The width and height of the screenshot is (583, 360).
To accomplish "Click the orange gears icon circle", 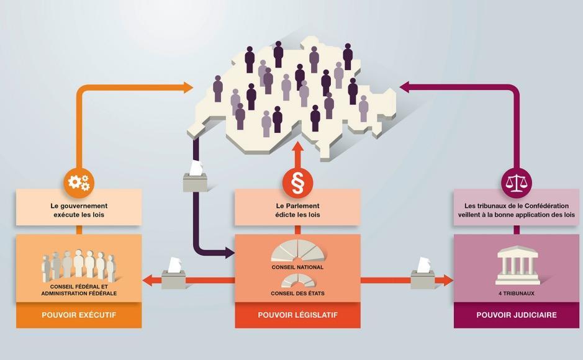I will (79, 182).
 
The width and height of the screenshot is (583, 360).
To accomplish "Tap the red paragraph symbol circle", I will (297, 182).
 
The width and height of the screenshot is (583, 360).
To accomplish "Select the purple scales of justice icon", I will (516, 182).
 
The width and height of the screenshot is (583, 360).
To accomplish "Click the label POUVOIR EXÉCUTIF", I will (79, 315).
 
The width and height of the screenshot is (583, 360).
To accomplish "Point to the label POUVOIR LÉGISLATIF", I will (297, 315).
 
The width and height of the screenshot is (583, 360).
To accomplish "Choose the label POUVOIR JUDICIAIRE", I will (516, 315).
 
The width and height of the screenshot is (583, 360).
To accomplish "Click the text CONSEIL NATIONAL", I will (297, 268).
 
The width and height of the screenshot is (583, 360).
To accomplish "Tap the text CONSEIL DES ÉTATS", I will (297, 293).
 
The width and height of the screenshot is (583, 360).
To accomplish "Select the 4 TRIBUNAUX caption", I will (516, 292).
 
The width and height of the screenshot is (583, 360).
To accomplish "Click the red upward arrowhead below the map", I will (297, 150).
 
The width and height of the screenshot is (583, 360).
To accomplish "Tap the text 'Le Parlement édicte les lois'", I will (297, 210).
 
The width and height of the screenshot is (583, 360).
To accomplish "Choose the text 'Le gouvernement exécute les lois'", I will (79, 210).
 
